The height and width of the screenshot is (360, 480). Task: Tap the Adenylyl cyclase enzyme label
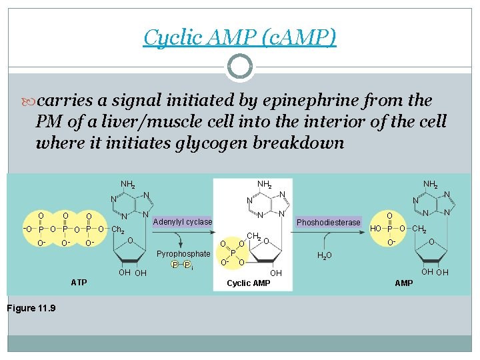[183, 222]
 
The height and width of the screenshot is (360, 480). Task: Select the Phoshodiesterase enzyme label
[329, 222]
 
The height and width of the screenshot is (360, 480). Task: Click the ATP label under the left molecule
[79, 283]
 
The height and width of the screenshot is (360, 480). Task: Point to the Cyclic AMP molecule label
[248, 283]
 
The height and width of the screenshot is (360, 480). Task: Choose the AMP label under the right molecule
[404, 283]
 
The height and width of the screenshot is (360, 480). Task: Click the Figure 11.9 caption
[31, 307]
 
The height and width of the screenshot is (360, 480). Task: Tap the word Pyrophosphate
[183, 254]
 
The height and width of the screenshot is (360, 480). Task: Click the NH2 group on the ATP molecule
[128, 184]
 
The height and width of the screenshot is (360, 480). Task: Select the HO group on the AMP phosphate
[376, 227]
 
